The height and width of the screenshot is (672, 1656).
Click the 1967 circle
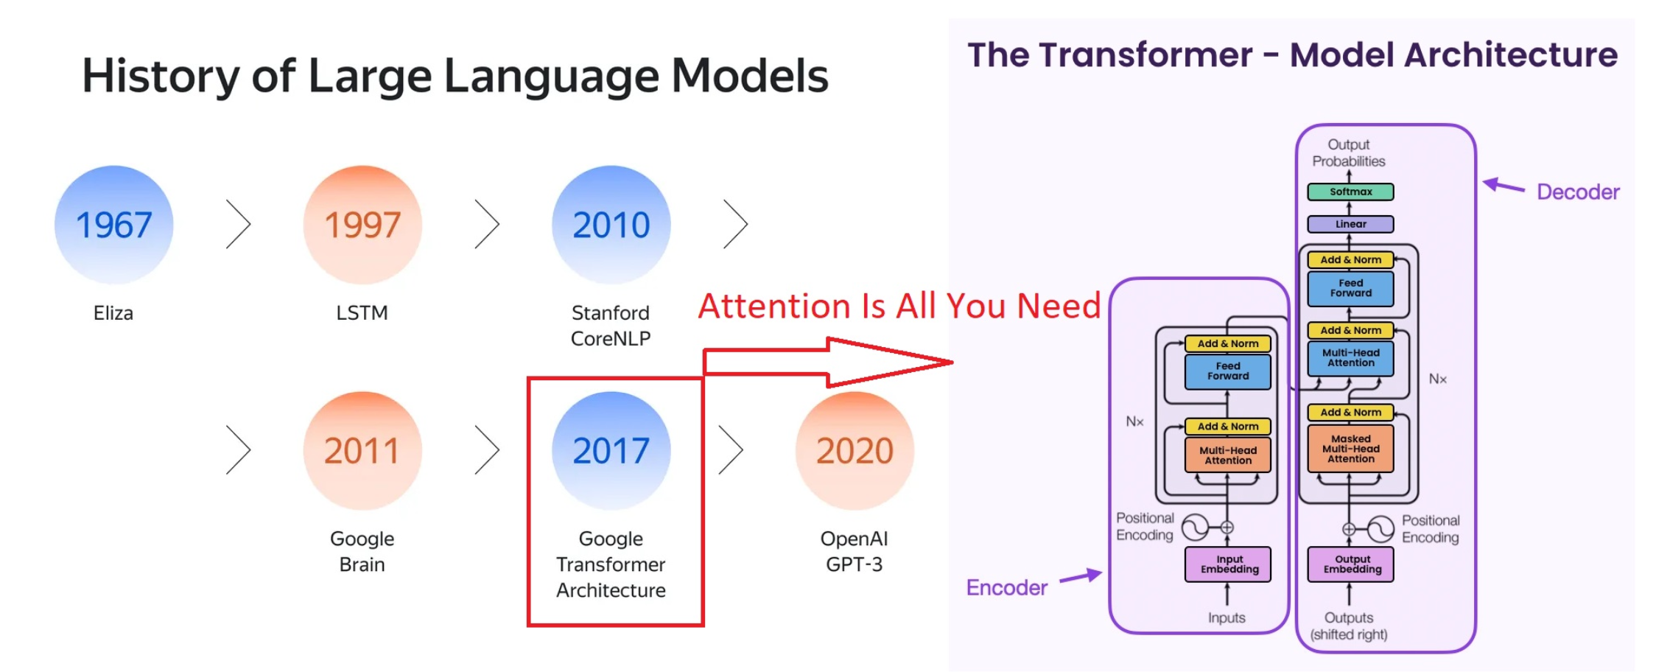click(x=113, y=225)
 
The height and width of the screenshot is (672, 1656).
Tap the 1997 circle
click(x=362, y=225)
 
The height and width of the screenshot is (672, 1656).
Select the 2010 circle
click(x=611, y=225)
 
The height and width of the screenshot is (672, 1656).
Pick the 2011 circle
click(x=362, y=451)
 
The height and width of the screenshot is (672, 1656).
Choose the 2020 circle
click(x=855, y=451)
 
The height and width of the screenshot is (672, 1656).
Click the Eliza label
click(x=113, y=313)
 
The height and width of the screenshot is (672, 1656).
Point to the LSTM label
click(x=362, y=313)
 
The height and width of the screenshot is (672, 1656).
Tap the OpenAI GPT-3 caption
click(x=855, y=551)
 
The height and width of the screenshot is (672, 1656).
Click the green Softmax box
click(x=1350, y=192)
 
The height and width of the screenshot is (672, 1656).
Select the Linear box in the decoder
click(x=1350, y=224)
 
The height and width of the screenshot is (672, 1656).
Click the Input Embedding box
click(x=1228, y=564)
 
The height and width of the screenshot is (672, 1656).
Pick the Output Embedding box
click(x=1351, y=564)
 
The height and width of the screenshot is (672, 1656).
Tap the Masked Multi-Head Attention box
click(x=1351, y=449)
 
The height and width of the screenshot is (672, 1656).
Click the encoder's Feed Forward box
click(x=1228, y=371)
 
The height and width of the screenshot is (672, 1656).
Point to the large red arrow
click(x=828, y=362)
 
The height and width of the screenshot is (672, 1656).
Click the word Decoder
click(x=1578, y=192)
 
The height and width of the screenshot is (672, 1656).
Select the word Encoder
click(x=1006, y=588)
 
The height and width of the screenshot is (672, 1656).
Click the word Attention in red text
click(x=774, y=306)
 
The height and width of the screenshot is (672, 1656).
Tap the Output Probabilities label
click(x=1349, y=153)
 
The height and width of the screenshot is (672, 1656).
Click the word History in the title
click(x=161, y=77)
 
